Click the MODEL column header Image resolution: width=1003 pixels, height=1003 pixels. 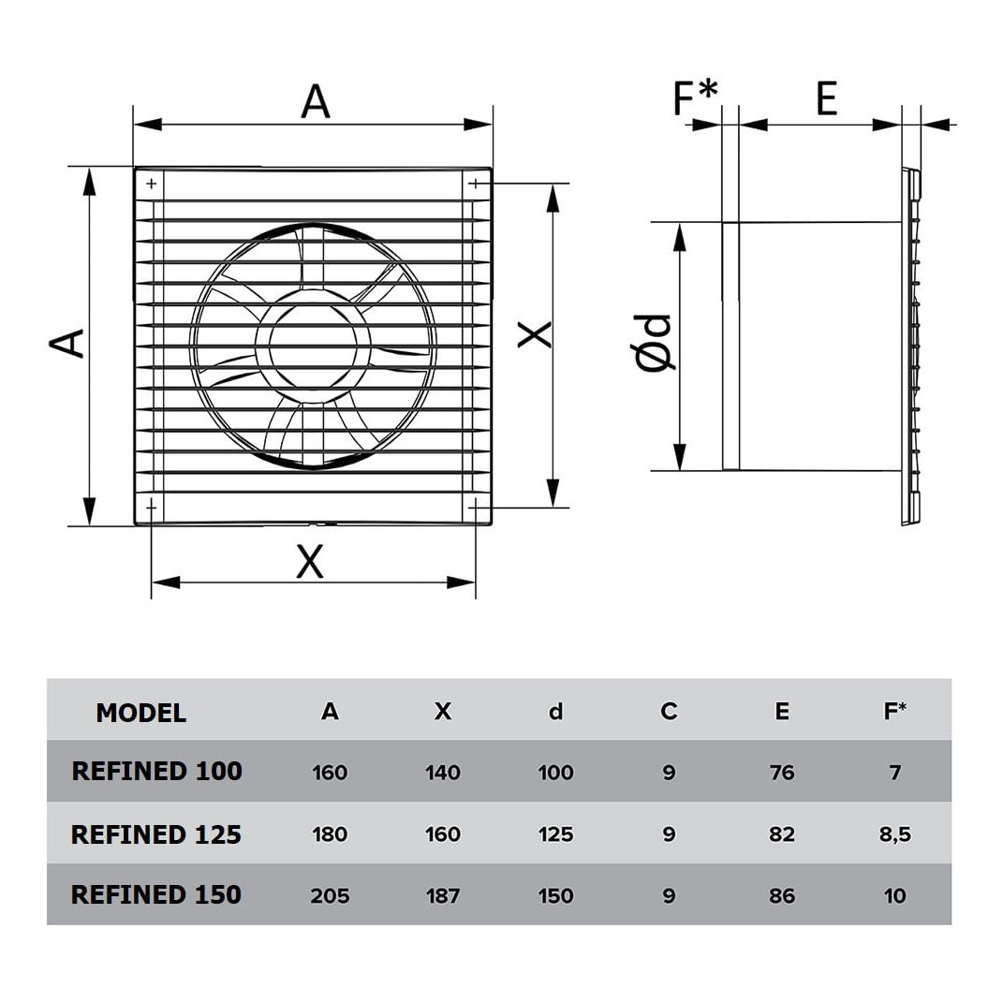click(x=141, y=713)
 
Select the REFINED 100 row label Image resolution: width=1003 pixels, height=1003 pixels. click(x=156, y=771)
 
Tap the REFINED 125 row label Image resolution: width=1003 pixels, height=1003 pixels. click(x=156, y=834)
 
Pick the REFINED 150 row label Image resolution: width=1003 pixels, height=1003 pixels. click(x=156, y=894)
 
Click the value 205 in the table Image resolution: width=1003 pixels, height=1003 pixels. click(x=330, y=895)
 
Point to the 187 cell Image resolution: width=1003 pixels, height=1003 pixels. click(x=443, y=895)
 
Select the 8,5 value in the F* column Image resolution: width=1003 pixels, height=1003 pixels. click(x=895, y=834)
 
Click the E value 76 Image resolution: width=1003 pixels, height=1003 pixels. click(x=782, y=773)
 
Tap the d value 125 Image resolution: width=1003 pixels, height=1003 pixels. click(x=555, y=834)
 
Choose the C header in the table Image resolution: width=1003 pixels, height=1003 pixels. click(x=669, y=712)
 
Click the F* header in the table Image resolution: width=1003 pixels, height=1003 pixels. click(x=895, y=711)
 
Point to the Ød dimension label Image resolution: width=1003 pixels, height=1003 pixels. click(x=654, y=343)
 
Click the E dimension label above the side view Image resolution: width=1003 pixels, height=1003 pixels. click(x=826, y=98)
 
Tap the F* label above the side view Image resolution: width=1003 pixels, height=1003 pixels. click(x=695, y=97)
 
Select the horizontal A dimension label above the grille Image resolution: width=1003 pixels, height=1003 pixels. click(x=316, y=102)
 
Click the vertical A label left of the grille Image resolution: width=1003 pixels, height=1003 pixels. click(x=67, y=343)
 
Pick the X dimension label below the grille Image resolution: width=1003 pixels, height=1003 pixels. click(x=310, y=561)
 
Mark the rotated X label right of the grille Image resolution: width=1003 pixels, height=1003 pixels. click(x=535, y=335)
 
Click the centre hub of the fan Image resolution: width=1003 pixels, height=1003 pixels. click(x=313, y=347)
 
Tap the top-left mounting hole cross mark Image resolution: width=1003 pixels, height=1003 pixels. click(x=152, y=184)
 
